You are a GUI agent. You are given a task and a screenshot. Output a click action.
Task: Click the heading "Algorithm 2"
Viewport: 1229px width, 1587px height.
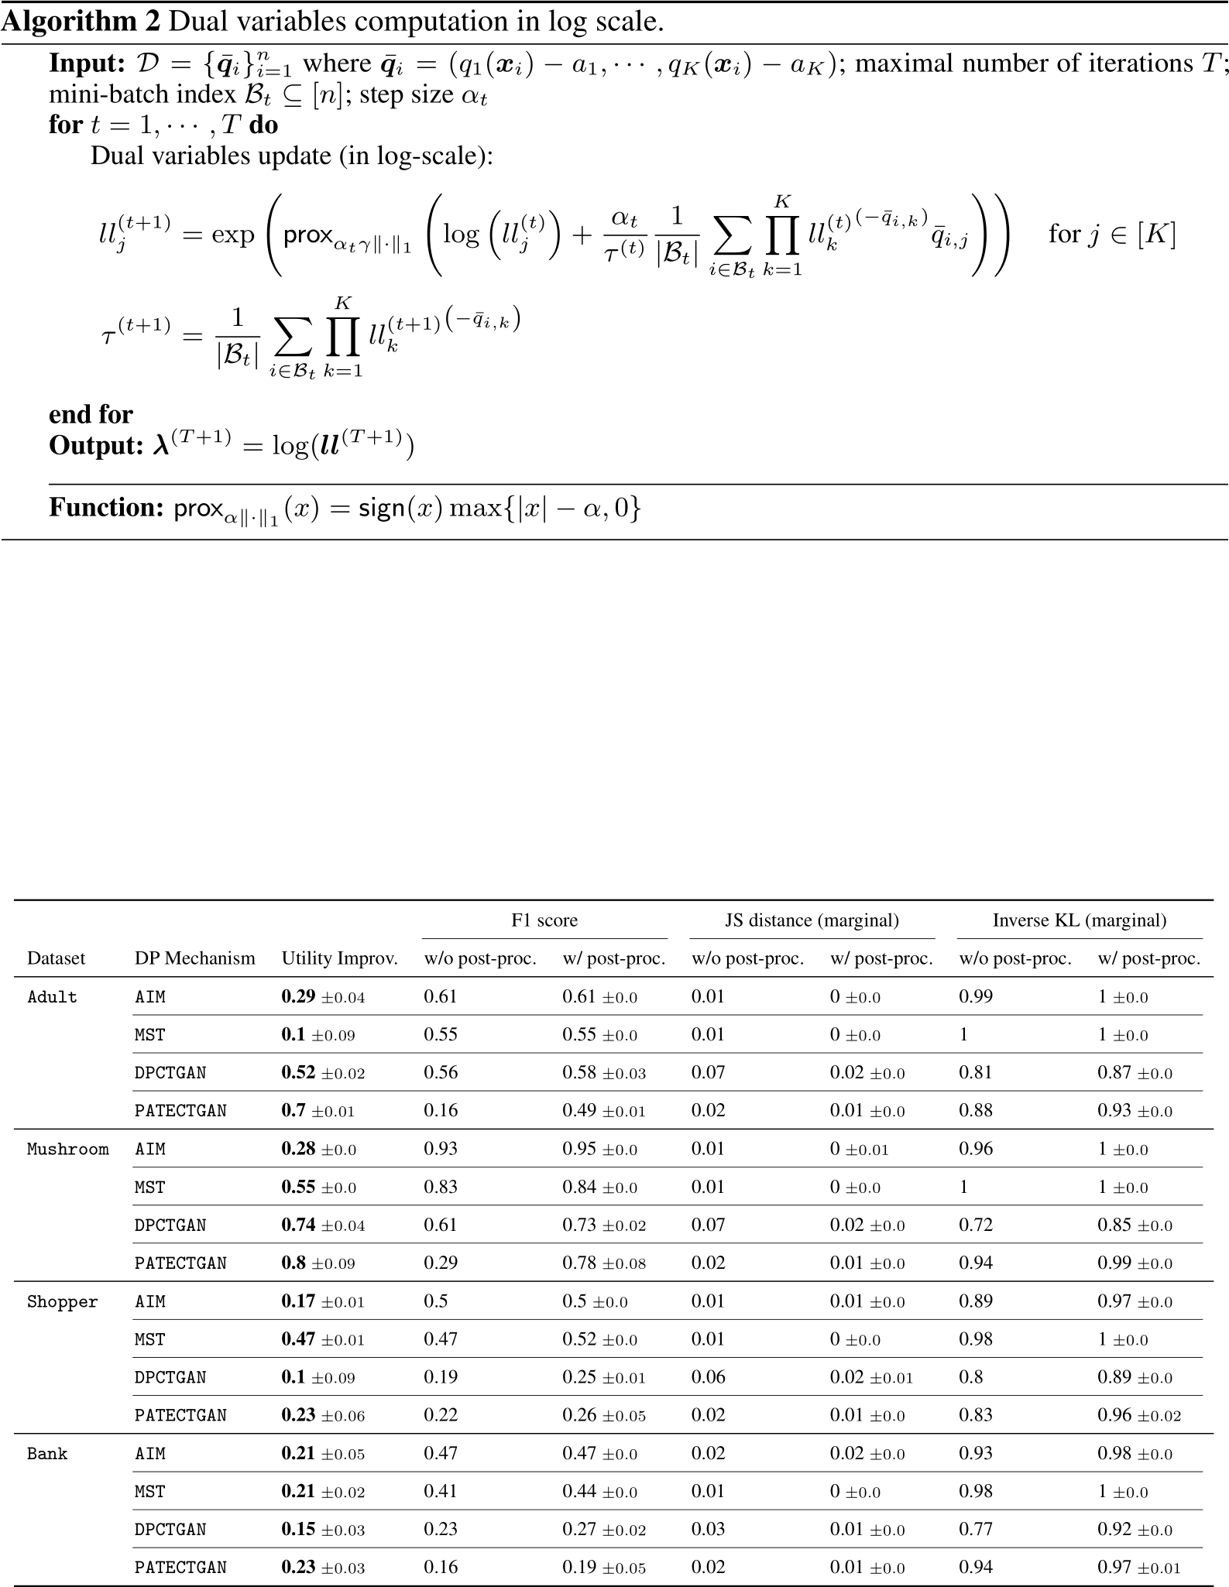(81, 22)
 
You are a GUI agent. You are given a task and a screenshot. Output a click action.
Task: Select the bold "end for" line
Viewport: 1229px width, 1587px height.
(91, 414)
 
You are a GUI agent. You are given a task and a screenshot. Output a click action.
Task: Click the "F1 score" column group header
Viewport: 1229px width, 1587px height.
(544, 920)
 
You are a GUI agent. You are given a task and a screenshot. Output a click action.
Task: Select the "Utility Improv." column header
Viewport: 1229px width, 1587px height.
(339, 958)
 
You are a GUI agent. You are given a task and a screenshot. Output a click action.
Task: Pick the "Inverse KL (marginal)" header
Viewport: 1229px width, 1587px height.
(1080, 920)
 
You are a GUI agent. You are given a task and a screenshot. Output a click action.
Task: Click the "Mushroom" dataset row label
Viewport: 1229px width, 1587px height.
(68, 1149)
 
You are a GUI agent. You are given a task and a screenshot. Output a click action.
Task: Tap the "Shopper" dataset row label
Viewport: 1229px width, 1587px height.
(63, 1301)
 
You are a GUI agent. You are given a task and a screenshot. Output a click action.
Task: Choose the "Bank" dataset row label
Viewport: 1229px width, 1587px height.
(48, 1454)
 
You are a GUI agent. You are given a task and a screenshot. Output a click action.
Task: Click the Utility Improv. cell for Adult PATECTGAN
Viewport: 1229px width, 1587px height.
(318, 1110)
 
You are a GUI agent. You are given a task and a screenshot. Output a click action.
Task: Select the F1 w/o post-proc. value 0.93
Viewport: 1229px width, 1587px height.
(441, 1149)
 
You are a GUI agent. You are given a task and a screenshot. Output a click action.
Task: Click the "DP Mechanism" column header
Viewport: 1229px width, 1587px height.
(194, 958)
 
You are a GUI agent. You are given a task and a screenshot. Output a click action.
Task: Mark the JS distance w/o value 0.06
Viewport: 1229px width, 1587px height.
(708, 1377)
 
